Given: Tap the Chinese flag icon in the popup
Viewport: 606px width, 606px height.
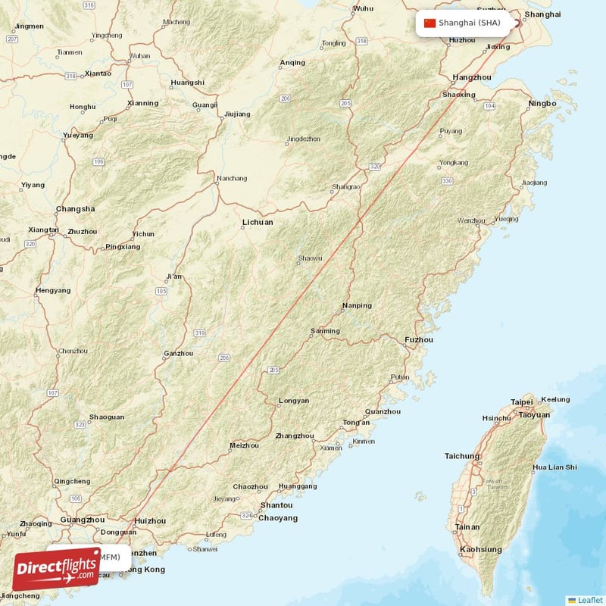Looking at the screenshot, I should pyautogui.click(x=430, y=23).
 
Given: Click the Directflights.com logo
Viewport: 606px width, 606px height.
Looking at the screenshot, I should pyautogui.click(x=57, y=569).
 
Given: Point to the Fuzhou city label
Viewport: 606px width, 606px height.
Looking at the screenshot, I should pyautogui.click(x=419, y=339).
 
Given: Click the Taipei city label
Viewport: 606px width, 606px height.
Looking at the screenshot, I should pyautogui.click(x=522, y=402).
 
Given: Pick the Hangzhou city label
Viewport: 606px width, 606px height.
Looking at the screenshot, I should pyautogui.click(x=471, y=77).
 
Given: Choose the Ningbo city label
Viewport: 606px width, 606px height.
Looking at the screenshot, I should pyautogui.click(x=542, y=103).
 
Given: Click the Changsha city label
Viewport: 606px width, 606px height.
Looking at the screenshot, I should pyautogui.click(x=76, y=209).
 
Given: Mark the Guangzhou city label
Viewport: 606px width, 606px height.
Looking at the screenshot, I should pyautogui.click(x=81, y=520).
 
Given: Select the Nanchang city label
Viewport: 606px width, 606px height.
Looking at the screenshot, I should pyautogui.click(x=232, y=179).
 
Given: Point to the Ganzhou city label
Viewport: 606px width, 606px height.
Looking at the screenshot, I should pyautogui.click(x=179, y=354).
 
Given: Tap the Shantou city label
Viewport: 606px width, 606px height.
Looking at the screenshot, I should pyautogui.click(x=276, y=505).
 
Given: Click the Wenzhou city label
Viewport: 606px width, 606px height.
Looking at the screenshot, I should pyautogui.click(x=470, y=220).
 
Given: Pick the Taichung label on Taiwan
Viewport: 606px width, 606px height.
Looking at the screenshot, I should pyautogui.click(x=462, y=456).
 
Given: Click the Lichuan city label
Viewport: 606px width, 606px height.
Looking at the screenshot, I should pyautogui.click(x=258, y=223).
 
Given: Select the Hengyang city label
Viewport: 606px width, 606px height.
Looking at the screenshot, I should pyautogui.click(x=53, y=290).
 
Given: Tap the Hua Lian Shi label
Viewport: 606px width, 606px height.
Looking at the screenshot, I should pyautogui.click(x=554, y=467).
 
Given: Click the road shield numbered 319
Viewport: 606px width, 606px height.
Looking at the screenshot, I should pyautogui.click(x=200, y=333).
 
